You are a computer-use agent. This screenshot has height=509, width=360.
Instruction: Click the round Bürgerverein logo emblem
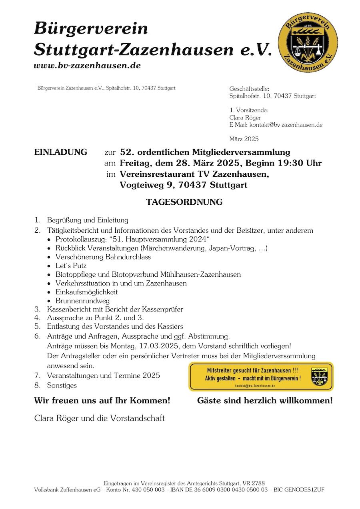coord(308,42)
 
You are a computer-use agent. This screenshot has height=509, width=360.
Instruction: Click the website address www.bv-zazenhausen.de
coord(87,66)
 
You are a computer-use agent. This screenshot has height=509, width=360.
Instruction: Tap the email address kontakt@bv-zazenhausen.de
coord(286,125)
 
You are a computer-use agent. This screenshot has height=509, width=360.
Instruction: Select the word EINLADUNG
coord(60,152)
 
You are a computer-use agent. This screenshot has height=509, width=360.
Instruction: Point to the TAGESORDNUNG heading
coord(184,202)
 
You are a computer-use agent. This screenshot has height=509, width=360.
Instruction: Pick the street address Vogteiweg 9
coord(146,185)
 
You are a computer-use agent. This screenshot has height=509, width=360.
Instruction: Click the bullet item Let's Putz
coord(71,265)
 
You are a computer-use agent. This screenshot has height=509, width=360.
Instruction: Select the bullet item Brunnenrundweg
coord(82,301)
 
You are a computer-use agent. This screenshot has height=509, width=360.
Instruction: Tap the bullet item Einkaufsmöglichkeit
coord(86,292)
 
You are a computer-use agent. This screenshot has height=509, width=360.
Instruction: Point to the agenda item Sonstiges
coord(62,385)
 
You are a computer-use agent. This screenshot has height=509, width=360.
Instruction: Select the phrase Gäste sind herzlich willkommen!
coord(264,400)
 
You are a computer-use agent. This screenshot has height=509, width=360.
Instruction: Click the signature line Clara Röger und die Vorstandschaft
coord(100,418)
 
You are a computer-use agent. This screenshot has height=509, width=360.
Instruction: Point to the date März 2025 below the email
coord(244,139)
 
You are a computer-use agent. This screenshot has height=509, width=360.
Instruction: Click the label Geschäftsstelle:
coord(249,89)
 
